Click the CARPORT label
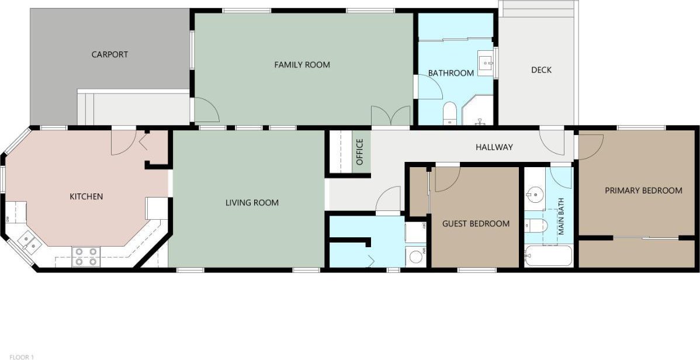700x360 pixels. click(110, 54)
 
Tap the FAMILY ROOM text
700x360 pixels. click(302, 65)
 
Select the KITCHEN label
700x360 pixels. click(86, 196)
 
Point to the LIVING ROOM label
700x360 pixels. click(252, 203)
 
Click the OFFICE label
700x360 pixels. click(361, 152)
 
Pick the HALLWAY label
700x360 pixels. click(494, 147)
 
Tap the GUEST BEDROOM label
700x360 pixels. click(476, 224)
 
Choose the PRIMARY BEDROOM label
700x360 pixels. click(644, 191)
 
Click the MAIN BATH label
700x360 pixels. click(561, 217)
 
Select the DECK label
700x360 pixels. click(542, 70)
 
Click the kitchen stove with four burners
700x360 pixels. click(86, 257)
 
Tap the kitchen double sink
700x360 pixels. click(30, 244)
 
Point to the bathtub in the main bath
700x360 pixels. click(549, 256)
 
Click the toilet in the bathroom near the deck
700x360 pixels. click(450, 113)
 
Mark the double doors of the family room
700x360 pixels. click(391, 116)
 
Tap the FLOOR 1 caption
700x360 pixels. click(22, 357)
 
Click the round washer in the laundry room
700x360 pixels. click(416, 257)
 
